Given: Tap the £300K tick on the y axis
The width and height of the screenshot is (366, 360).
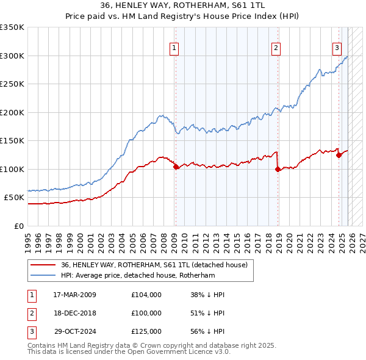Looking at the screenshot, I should pyautogui.click(x=12, y=56).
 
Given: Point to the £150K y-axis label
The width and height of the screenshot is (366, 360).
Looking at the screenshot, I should pyautogui.click(x=12, y=140).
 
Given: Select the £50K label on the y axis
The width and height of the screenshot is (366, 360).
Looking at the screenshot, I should pyautogui.click(x=15, y=198).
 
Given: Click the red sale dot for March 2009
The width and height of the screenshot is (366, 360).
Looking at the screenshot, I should pyautogui.click(x=176, y=167).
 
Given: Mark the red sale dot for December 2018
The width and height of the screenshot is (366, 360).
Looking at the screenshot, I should pyautogui.click(x=278, y=169).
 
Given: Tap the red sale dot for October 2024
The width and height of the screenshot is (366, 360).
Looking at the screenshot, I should pyautogui.click(x=339, y=155).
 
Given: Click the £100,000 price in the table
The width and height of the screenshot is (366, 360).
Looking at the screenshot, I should pyautogui.click(x=146, y=313).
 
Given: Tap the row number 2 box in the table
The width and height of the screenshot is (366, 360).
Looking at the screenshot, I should pyautogui.click(x=29, y=313).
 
